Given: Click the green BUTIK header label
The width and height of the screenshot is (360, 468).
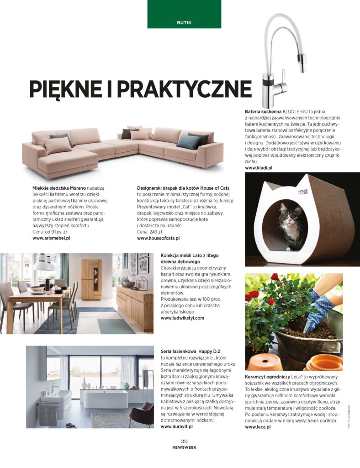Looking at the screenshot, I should (184, 22).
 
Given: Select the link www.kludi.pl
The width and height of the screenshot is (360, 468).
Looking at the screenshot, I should (259, 168).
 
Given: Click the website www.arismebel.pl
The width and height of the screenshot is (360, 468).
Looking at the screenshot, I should (51, 238).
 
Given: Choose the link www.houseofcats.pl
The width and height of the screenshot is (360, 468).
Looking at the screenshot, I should (158, 238).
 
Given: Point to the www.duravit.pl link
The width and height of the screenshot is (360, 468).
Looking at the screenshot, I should (177, 426).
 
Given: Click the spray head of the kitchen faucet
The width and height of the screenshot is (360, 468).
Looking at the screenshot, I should (302, 61).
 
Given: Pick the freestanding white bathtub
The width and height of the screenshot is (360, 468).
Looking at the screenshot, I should (106, 399).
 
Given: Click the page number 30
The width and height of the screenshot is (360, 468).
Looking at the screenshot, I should (184, 441).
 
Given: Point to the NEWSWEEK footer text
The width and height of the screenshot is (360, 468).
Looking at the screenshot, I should (184, 448).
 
